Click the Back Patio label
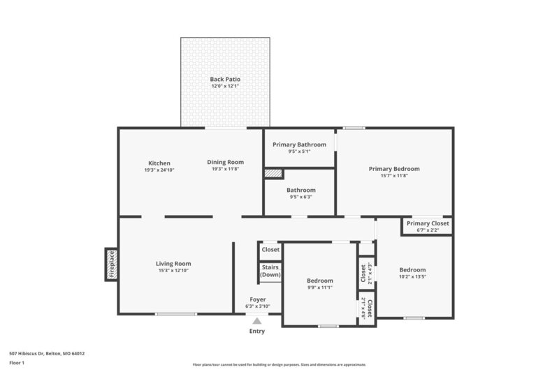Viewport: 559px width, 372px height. [x=225, y=80]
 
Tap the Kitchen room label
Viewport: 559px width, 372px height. [x=159, y=163]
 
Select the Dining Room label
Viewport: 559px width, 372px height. [x=225, y=162]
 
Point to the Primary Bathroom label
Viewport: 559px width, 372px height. [x=299, y=144]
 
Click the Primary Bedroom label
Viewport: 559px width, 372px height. [x=394, y=169]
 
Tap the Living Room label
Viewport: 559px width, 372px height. [x=173, y=264]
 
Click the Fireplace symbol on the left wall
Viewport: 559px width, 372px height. [x=110, y=264]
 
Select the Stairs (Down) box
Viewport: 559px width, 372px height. [x=270, y=271]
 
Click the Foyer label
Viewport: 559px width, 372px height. [x=257, y=299]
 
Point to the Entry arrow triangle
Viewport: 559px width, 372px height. [x=257, y=321]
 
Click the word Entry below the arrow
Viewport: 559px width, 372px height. [x=257, y=332]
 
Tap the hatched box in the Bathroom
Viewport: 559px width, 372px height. [x=273, y=173]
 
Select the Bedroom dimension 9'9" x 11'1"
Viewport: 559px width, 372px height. [x=319, y=287]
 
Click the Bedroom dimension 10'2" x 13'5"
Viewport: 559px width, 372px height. [x=412, y=276]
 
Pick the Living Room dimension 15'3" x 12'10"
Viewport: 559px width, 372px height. [x=173, y=270]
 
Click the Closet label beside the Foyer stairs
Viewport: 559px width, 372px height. [x=270, y=249]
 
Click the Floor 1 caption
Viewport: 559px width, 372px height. [x=16, y=364]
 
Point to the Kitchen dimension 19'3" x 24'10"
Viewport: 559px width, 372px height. [x=159, y=170]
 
